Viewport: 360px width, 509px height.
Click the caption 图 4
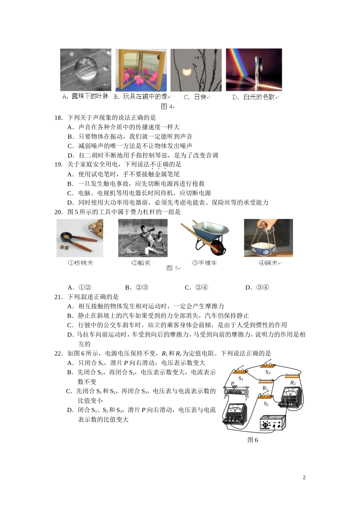(167, 106)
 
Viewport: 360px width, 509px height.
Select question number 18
(58, 117)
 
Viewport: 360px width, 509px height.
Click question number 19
(58, 164)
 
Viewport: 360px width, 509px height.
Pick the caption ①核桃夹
(81, 262)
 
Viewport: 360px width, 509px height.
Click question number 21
(58, 297)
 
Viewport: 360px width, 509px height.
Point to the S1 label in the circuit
(241, 378)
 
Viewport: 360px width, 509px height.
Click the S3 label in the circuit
(268, 372)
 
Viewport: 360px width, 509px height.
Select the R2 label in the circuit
(293, 383)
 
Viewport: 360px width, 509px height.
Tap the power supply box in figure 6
(272, 423)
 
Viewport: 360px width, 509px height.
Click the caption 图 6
(252, 440)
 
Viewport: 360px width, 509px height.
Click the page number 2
(304, 477)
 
